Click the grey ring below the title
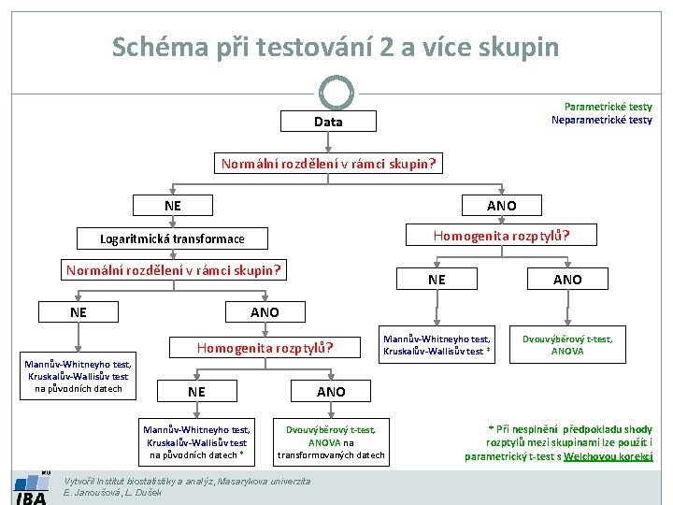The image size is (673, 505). (336, 93)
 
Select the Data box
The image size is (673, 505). (328, 122)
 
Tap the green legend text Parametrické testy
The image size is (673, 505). (608, 107)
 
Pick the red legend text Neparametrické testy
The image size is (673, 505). (601, 120)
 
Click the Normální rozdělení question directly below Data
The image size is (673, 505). (328, 164)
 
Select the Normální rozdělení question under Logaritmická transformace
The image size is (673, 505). (173, 271)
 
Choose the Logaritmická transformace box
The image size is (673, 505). (172, 238)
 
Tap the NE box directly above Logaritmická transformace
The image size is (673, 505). (173, 205)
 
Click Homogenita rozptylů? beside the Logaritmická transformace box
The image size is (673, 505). (500, 236)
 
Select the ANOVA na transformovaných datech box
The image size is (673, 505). (331, 442)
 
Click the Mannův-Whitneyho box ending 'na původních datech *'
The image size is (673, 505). (196, 442)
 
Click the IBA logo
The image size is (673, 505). (30, 490)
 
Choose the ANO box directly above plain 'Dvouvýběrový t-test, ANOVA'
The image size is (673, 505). (566, 280)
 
